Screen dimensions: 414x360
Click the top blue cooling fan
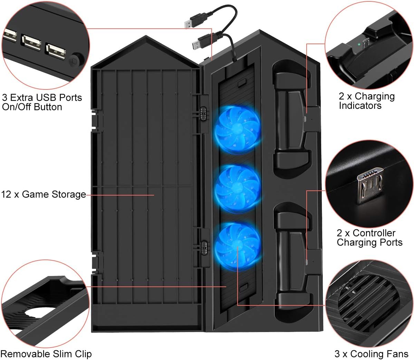(237, 129)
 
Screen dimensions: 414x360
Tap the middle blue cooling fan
(237, 188)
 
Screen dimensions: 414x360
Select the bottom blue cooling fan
(237, 245)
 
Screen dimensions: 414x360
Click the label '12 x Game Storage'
(44, 195)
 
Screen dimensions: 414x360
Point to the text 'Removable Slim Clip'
(46, 354)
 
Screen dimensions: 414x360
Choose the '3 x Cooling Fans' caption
(372, 354)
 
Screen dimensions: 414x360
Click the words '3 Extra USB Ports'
(42, 97)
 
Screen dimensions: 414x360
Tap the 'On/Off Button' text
(32, 107)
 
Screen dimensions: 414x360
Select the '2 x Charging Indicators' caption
(367, 101)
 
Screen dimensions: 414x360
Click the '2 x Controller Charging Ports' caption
(369, 238)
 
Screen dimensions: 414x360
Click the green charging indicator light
(359, 45)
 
